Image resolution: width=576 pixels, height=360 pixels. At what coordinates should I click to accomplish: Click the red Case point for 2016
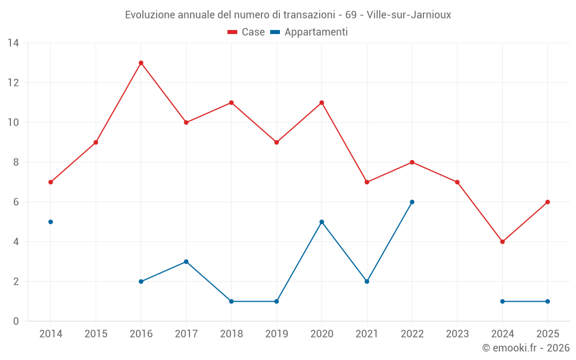tap(141, 63)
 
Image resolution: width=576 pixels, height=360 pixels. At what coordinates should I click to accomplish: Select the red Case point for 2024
tap(502, 242)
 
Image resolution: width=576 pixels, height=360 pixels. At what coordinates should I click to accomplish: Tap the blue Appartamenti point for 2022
tap(412, 202)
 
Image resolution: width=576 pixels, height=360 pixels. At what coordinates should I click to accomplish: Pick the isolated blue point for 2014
tap(51, 222)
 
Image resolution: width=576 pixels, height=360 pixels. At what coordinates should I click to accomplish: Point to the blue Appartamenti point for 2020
tap(321, 222)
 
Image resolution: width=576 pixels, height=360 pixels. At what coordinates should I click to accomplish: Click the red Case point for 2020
tap(321, 103)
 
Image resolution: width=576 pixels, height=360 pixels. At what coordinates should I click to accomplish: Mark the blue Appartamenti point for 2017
tap(186, 262)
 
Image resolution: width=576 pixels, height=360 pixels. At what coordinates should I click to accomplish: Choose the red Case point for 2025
tap(547, 202)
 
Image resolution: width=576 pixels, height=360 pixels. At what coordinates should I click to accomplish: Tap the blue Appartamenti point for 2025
tap(547, 301)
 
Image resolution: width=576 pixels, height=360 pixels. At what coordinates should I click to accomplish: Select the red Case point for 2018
tap(231, 103)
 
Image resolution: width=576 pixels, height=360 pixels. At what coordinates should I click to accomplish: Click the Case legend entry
tap(246, 32)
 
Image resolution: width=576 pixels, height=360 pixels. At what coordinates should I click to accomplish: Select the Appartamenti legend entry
tap(309, 32)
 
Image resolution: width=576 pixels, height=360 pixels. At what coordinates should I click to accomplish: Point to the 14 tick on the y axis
tap(13, 43)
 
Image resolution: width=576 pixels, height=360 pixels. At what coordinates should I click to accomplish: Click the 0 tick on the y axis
tap(16, 321)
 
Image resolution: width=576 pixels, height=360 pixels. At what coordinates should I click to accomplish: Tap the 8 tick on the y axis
tap(16, 162)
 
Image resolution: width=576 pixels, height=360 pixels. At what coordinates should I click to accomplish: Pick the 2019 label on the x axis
tap(276, 334)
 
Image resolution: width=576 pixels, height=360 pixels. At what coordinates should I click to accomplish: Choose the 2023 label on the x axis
tap(457, 334)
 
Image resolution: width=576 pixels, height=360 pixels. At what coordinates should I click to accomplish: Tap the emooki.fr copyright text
tap(525, 348)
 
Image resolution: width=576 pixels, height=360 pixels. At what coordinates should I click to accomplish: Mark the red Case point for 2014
tap(51, 182)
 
